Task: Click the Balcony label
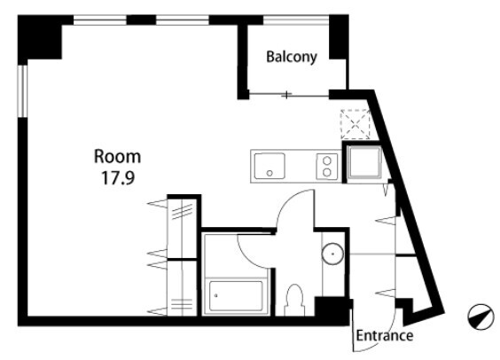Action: (x=292, y=57)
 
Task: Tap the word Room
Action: (x=117, y=157)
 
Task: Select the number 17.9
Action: (x=118, y=178)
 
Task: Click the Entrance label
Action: (x=384, y=336)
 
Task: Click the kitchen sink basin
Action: (x=270, y=166)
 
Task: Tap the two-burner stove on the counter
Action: (x=327, y=167)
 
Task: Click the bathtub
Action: (x=237, y=295)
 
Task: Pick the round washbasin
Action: (x=332, y=254)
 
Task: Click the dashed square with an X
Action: (x=355, y=124)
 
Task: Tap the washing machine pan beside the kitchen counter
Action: (x=364, y=162)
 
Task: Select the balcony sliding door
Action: (x=288, y=94)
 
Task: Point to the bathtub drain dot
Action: (x=216, y=295)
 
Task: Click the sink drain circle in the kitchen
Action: (x=270, y=173)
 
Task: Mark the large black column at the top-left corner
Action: (x=40, y=38)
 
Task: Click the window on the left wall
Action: (x=22, y=91)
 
